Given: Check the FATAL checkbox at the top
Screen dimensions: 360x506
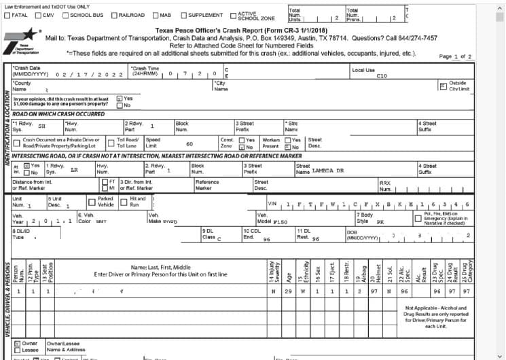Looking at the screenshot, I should click(8, 15).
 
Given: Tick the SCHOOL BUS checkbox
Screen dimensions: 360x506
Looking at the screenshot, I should click(66, 15).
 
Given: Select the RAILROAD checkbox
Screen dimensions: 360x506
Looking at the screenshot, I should click(114, 15).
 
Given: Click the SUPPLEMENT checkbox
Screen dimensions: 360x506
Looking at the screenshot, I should click(183, 15).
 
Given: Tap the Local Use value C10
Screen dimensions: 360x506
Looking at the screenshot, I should click(382, 76).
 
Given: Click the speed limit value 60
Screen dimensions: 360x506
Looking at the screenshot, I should click(189, 144).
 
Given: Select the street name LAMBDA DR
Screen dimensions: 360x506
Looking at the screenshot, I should click(329, 171).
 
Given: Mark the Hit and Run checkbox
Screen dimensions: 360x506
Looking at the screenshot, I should click(123, 202).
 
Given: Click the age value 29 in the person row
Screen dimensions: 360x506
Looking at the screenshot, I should click(288, 291).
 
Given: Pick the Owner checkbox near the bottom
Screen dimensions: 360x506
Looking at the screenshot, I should click(17, 344).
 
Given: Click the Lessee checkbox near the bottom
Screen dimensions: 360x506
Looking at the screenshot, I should click(17, 350).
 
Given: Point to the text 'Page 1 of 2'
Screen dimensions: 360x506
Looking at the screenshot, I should click(456, 56).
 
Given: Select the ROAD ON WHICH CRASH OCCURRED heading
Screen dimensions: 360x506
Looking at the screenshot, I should click(58, 115).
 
